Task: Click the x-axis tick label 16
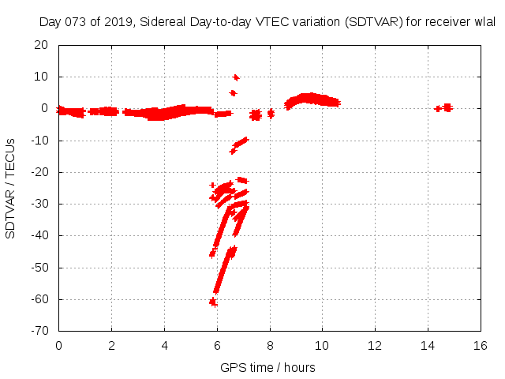[481, 346]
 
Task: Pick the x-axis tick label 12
[375, 346]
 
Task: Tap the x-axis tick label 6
[217, 346]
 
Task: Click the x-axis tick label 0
[58, 346]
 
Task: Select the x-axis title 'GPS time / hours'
[269, 367]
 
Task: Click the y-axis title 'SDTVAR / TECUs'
[11, 188]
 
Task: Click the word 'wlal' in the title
[484, 23]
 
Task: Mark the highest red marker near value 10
[236, 77]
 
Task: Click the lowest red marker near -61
[212, 302]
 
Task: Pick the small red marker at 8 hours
[271, 114]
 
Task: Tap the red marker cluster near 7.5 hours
[255, 115]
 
